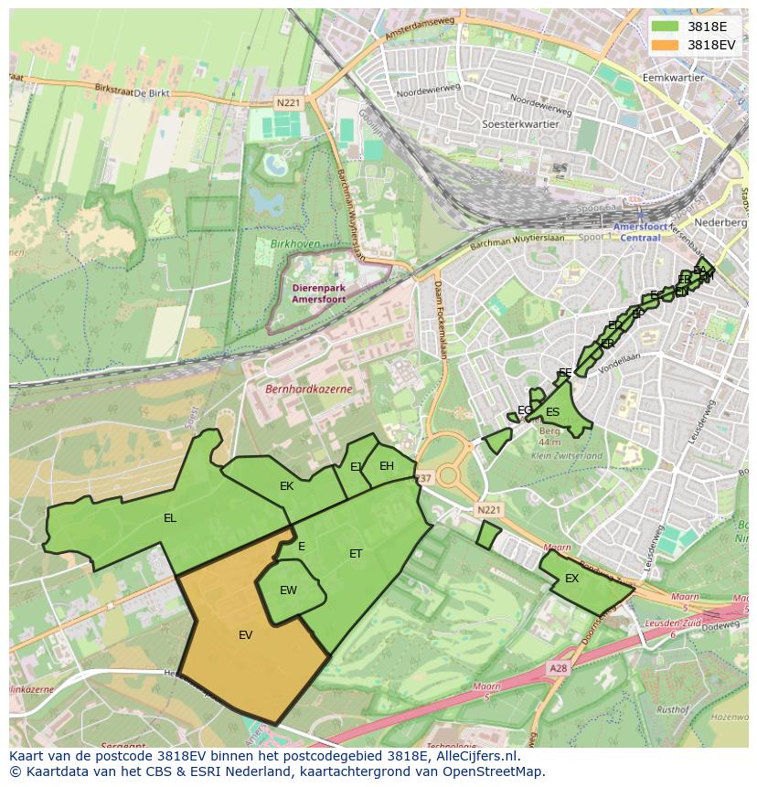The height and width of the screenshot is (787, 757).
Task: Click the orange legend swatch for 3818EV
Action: coord(666,45)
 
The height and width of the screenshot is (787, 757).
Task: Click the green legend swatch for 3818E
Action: coord(666,27)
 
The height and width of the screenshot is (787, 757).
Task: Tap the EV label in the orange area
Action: coord(245,635)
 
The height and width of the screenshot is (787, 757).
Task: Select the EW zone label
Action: coord(288,590)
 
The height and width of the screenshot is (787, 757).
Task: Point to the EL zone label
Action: coord(169,518)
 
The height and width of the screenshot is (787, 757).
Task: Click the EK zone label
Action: coord(286,486)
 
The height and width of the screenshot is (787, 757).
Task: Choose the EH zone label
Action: coord(387,466)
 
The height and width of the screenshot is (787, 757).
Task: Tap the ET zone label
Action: coord(356,554)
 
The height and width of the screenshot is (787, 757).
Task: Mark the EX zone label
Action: coord(571,579)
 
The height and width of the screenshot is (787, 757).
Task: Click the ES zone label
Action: coord(552,412)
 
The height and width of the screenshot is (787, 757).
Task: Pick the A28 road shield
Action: coord(558,669)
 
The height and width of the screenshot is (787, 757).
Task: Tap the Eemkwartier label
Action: coord(674,78)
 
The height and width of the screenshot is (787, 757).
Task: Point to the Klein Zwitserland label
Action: coord(567,455)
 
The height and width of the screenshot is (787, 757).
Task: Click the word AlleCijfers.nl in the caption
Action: coord(474,756)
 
